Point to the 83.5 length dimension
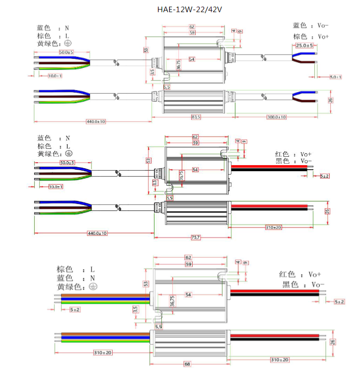[x=196, y=117]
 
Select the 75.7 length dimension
[x=196, y=238]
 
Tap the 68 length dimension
[x=187, y=364]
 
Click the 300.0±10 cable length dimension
[x=276, y=117]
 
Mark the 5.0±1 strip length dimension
[x=336, y=77]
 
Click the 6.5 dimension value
[x=167, y=87]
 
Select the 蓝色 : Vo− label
[x=311, y=25]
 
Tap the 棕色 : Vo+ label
[x=311, y=36]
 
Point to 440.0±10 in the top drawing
[x=96, y=121]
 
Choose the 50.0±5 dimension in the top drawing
[x=66, y=52]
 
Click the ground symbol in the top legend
[x=68, y=44]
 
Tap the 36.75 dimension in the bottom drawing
[x=172, y=301]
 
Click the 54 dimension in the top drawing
[x=192, y=59]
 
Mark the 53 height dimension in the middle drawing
[x=148, y=160]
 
